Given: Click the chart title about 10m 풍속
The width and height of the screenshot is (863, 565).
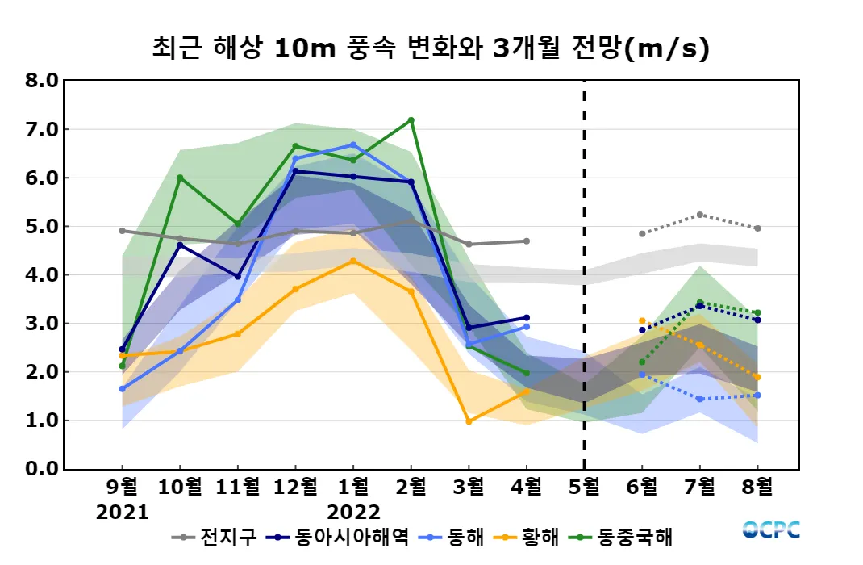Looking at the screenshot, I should [431, 49].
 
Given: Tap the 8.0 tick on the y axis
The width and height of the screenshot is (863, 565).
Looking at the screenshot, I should [42, 81].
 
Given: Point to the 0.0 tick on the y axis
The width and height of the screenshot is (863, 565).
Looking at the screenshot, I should [42, 469].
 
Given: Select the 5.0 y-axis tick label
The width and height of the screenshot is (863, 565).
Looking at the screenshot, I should [42, 226].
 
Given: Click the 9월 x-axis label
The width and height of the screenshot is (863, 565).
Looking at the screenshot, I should [123, 488].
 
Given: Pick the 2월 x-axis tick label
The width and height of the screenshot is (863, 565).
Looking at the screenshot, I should [411, 488].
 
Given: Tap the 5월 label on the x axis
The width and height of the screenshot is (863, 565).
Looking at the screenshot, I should [584, 488].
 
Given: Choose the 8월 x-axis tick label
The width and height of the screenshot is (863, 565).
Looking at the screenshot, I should [757, 488].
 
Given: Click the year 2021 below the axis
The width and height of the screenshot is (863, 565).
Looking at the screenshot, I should [123, 513].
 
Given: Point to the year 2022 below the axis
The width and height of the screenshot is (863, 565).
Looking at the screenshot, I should [353, 513].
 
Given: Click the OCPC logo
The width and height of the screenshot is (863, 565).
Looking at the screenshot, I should [771, 530].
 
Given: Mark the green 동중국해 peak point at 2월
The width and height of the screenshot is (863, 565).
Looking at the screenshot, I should [411, 120].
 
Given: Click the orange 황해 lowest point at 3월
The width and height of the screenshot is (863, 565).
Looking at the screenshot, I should [469, 421].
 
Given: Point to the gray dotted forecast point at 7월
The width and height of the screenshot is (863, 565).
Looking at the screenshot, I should [700, 215].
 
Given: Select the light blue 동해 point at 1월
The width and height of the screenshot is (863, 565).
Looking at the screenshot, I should [353, 144].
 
